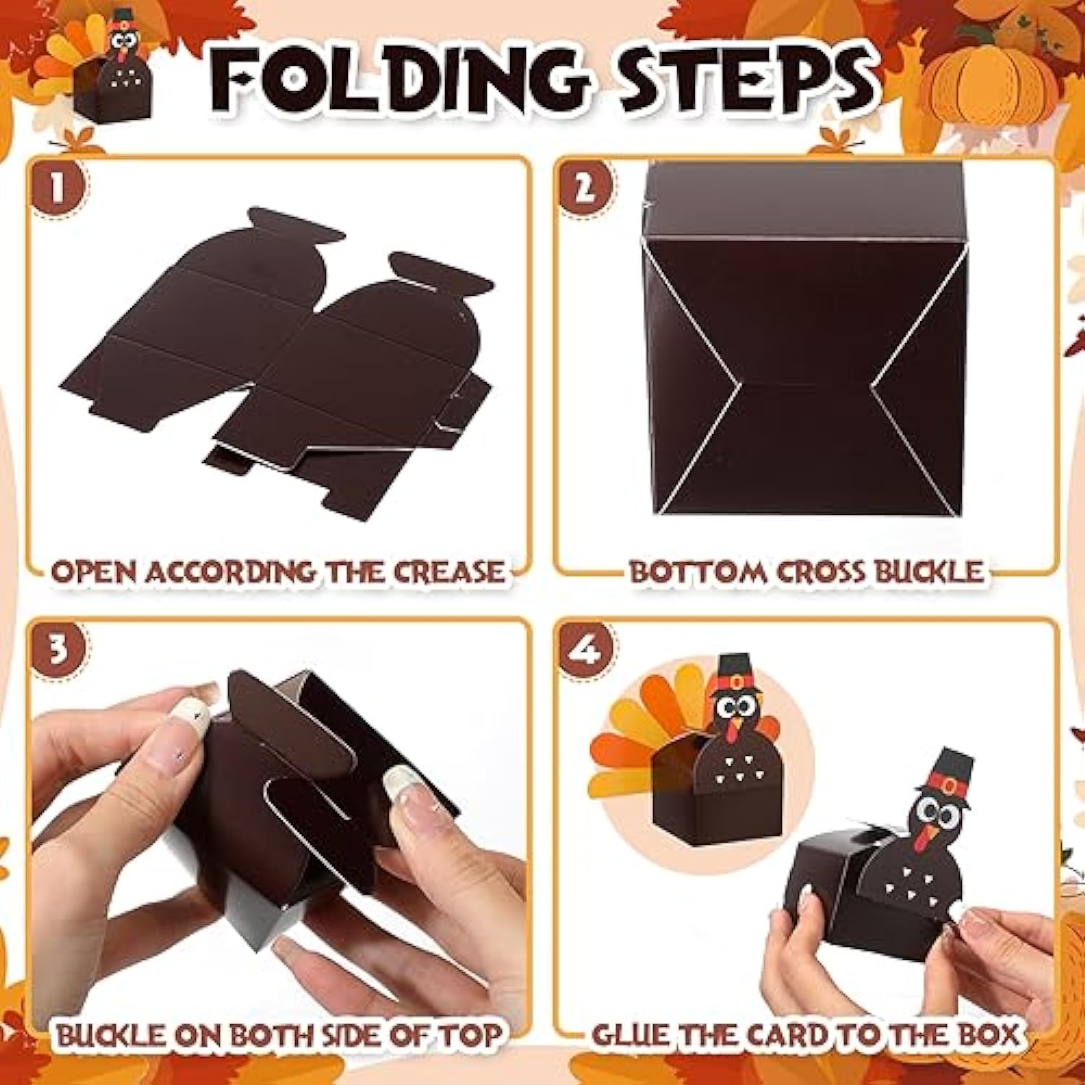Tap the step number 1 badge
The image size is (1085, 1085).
[58, 189]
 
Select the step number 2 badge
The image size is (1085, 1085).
[584, 188]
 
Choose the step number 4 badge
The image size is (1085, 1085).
[584, 649]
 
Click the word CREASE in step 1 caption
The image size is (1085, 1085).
[448, 572]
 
